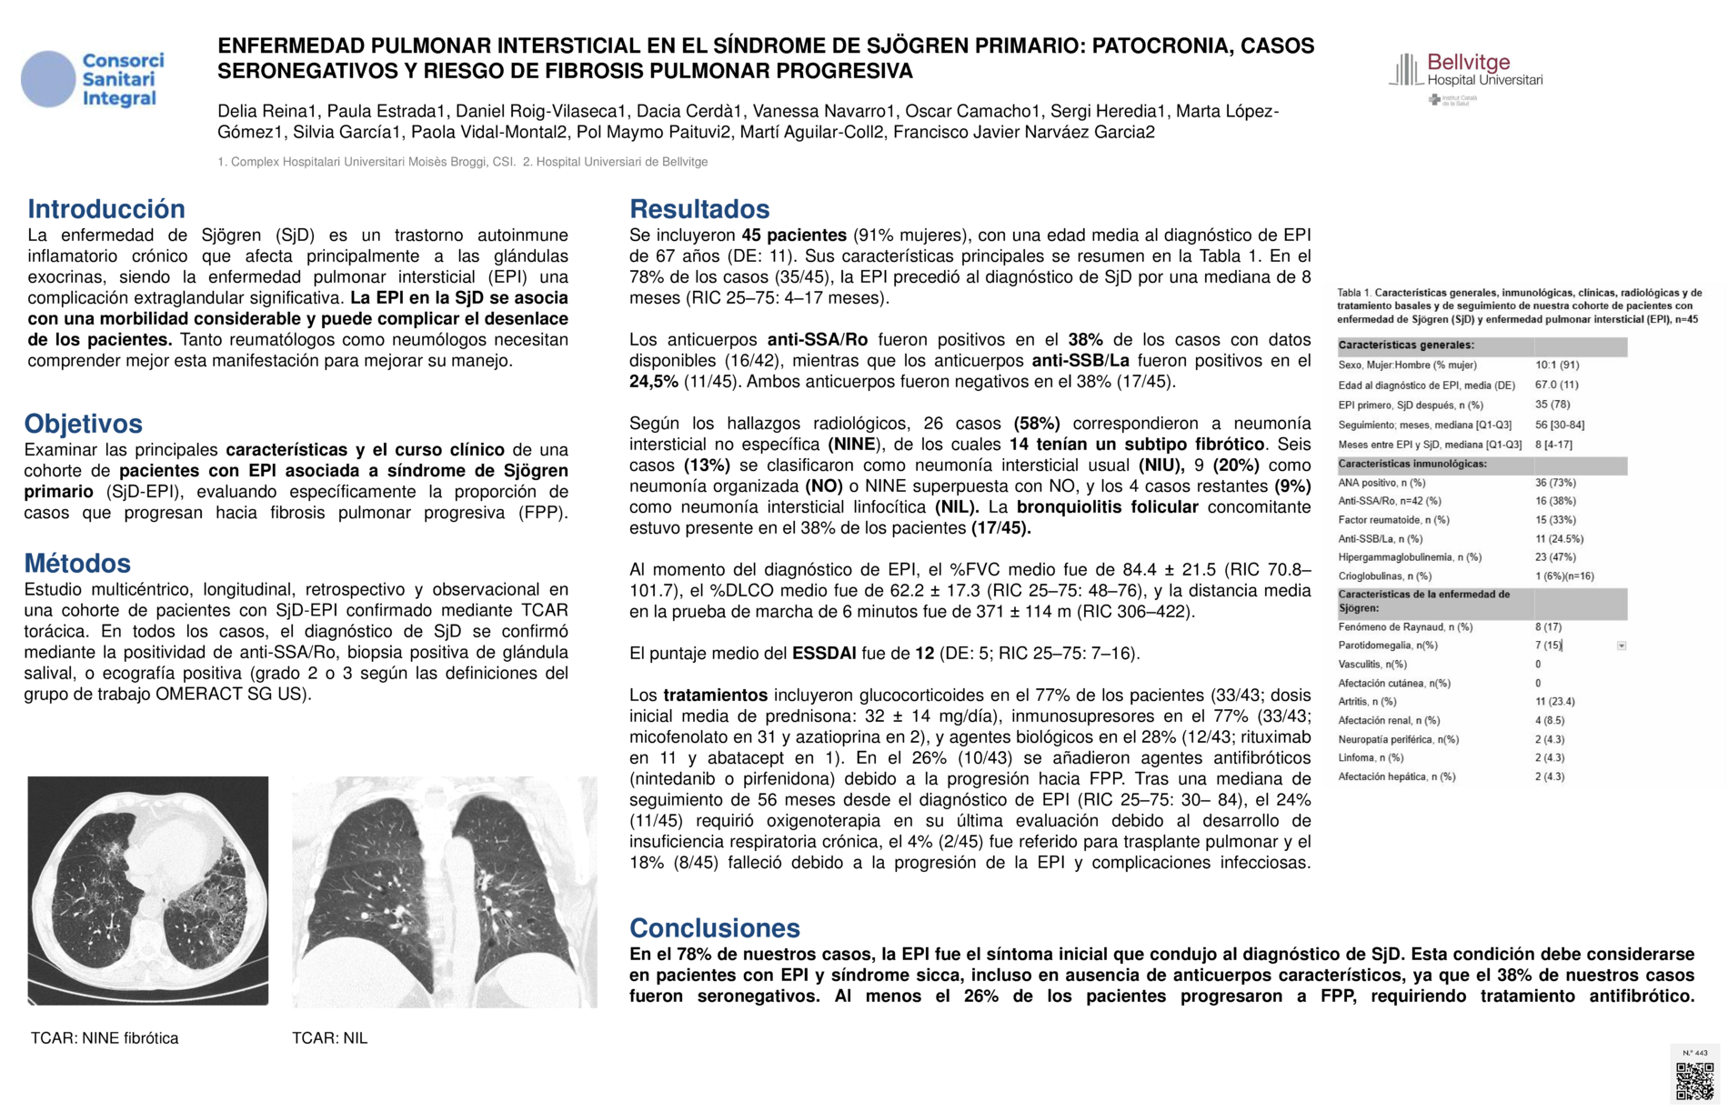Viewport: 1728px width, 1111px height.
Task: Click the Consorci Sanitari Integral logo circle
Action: coord(48,79)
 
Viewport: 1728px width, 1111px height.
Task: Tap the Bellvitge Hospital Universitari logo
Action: coord(1465,71)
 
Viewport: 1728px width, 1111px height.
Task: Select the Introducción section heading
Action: coord(106,209)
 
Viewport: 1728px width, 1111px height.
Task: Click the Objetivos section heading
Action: coord(84,424)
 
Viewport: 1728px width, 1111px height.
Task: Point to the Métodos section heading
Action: coord(77,563)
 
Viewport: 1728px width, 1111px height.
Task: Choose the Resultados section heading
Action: coord(699,209)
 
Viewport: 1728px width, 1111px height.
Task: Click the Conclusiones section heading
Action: coord(715,927)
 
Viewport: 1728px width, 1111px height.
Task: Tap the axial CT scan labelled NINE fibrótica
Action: coord(148,890)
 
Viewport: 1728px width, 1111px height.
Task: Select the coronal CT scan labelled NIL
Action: coord(444,891)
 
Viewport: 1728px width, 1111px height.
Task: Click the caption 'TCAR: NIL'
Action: coord(329,1038)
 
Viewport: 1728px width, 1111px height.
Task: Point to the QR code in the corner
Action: coord(1694,1080)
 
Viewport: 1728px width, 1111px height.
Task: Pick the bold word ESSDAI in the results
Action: coord(824,654)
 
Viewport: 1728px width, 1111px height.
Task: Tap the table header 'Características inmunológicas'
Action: coord(1412,464)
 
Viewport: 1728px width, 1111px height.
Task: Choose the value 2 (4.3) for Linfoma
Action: coord(1550,757)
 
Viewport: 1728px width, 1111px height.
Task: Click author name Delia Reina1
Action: coord(267,112)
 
